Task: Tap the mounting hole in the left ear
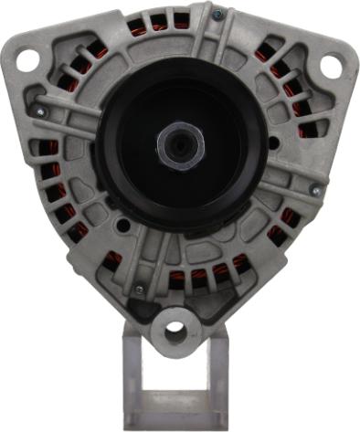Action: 27,60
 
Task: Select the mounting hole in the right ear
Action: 330,65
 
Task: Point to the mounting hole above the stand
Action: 175,330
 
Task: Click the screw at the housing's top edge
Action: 217,16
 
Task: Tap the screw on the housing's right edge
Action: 315,190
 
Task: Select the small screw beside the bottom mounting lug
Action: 140,290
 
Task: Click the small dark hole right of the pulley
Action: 274,144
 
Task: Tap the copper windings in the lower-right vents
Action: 283,228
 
